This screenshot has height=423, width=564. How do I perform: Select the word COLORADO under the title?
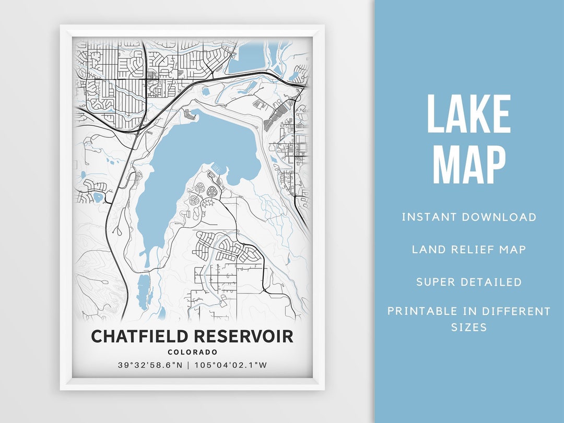[193, 352]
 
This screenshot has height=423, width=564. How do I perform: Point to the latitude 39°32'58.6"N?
[150, 365]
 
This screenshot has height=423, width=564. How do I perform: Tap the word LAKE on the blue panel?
[468, 115]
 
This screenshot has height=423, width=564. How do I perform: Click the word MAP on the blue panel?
[468, 164]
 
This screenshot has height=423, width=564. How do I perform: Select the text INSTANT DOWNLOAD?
[468, 217]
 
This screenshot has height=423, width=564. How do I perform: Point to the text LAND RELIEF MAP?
[468, 250]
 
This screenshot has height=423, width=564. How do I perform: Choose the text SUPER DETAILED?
[468, 282]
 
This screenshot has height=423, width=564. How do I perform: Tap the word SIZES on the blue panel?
[468, 327]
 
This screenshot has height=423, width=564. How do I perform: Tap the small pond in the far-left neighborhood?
[98, 197]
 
